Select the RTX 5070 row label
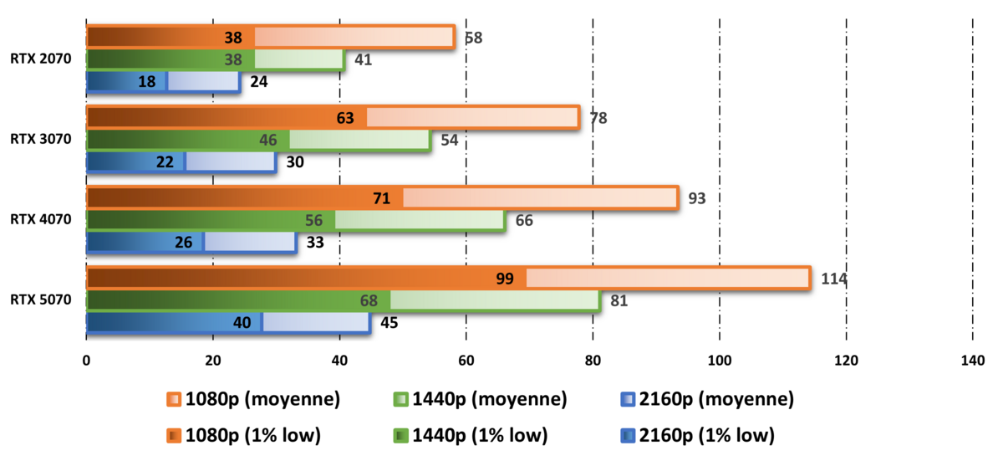tap(41, 300)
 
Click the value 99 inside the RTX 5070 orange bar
tap(505, 279)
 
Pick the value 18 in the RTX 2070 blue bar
tap(148, 81)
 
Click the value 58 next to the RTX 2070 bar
tap(474, 38)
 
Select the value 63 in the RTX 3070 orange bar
tap(346, 118)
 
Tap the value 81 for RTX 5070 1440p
tap(619, 300)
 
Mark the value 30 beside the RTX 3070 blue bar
tap(295, 161)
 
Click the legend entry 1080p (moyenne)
tap(253, 400)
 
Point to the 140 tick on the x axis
tap(973, 361)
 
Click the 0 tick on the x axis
tap(86, 361)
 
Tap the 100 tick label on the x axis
tap(720, 361)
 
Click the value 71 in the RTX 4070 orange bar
tap(383, 198)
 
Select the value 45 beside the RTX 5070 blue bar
tap(389, 322)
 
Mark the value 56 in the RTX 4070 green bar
tap(314, 220)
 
